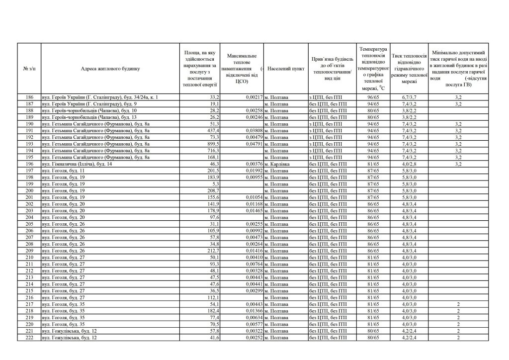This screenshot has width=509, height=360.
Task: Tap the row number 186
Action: [29, 97]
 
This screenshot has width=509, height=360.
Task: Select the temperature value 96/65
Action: [373, 97]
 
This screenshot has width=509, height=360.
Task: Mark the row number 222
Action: [29, 338]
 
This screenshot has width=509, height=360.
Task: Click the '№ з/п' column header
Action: [29, 69]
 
